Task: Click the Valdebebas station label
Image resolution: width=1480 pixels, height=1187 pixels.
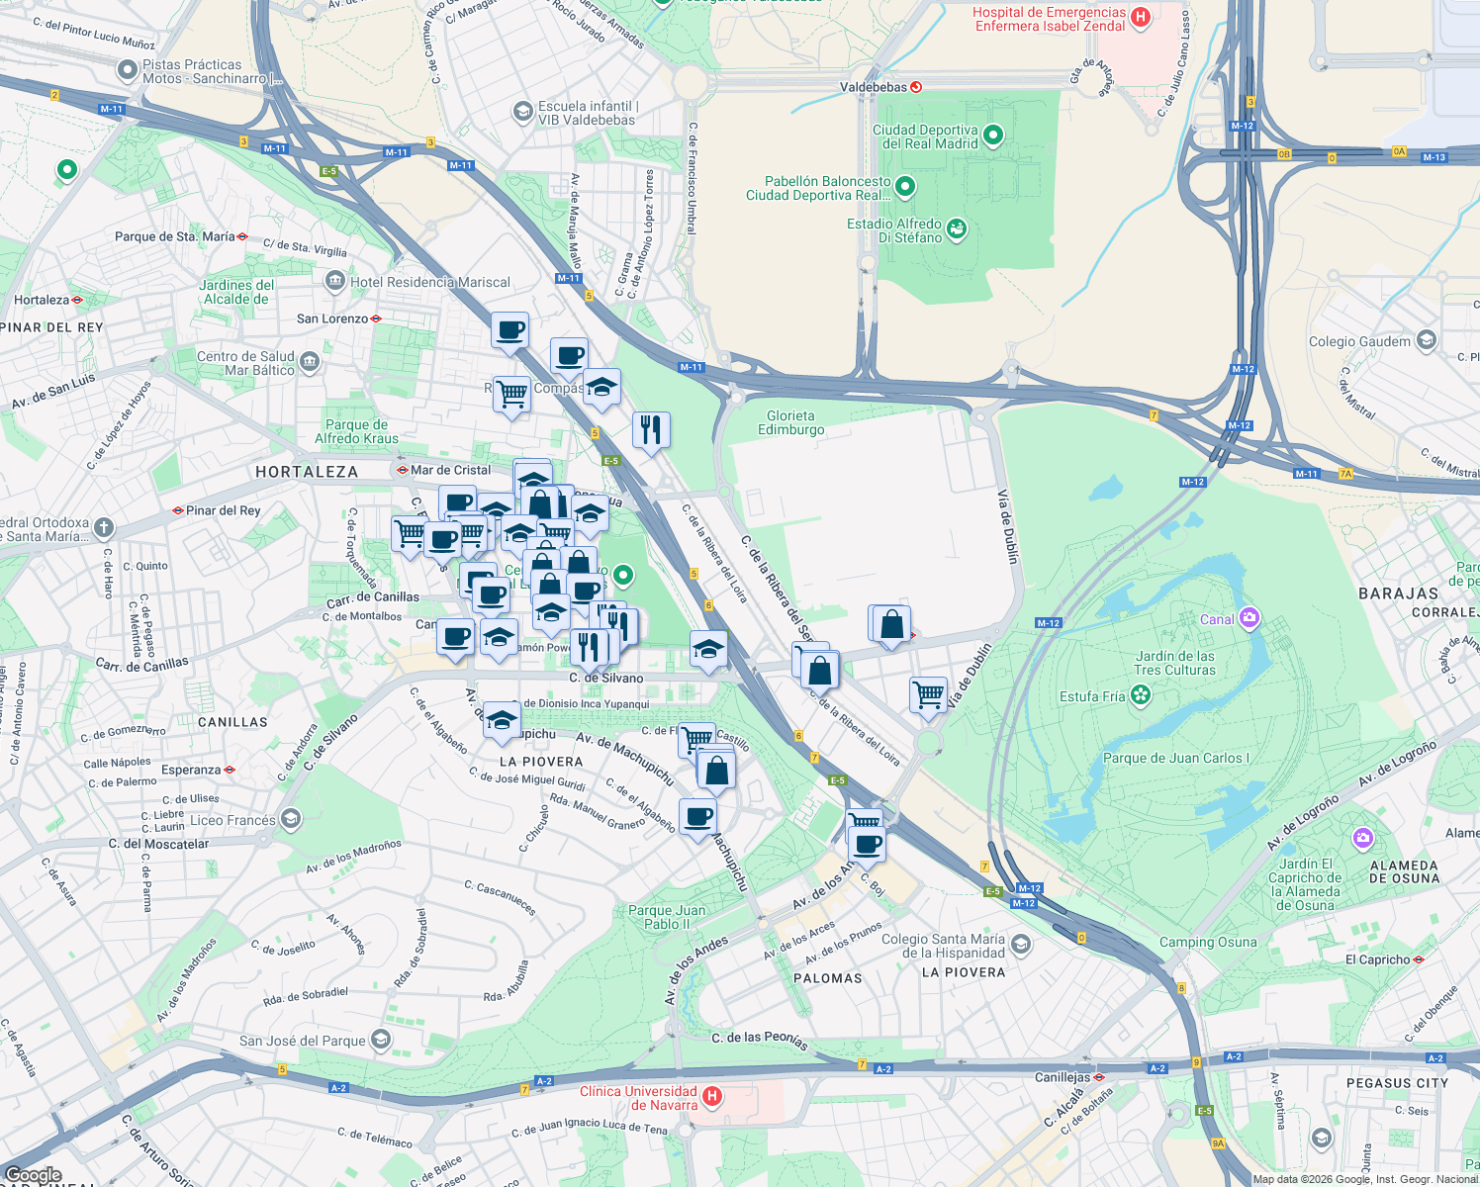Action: [873, 87]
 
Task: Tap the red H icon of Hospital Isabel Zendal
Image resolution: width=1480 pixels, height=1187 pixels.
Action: [1140, 17]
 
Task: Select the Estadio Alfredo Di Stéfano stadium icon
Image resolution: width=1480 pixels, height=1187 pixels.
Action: [957, 229]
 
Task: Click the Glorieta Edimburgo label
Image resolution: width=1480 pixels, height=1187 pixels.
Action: [790, 422]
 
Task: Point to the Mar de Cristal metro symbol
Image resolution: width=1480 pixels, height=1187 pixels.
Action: [402, 470]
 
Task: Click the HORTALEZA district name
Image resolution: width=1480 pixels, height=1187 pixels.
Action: [307, 472]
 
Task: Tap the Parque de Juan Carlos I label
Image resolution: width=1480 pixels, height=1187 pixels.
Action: [1175, 758]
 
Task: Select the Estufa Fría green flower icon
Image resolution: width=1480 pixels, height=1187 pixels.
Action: [1142, 695]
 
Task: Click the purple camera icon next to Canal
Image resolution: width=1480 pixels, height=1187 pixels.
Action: [1249, 618]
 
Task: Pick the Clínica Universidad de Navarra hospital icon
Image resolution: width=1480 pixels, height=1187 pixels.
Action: [712, 1097]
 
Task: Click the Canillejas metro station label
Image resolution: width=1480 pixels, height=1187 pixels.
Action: [1063, 1077]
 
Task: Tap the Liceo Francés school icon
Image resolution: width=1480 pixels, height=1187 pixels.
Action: [290, 819]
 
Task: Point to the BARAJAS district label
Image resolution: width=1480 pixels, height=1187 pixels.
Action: [1398, 593]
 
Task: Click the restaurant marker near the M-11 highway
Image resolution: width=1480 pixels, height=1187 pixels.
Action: [650, 430]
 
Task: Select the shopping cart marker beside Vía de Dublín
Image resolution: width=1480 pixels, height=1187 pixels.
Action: [928, 694]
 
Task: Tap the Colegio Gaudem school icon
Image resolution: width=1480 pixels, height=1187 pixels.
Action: [1426, 341]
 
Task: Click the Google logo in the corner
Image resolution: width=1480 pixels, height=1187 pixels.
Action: [33, 1175]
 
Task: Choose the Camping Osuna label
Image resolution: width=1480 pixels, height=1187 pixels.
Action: [1207, 942]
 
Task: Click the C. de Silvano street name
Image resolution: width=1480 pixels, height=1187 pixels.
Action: [605, 679]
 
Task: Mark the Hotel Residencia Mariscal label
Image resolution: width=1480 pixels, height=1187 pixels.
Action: [430, 282]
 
